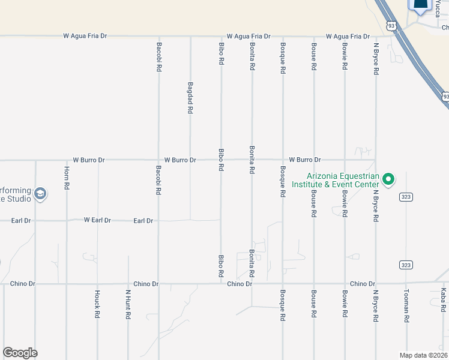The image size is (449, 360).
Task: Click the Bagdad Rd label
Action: (190, 98)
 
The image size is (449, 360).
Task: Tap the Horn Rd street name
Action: (67, 178)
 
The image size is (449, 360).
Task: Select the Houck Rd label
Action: (97, 304)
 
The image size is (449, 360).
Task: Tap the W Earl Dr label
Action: (97, 220)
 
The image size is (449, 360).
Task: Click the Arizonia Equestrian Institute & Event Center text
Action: (343, 181)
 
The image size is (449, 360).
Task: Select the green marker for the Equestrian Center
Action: (388, 178)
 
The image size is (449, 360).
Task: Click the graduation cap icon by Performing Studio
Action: (40, 193)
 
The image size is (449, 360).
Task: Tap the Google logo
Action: (20, 353)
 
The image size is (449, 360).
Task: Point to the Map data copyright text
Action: (424, 355)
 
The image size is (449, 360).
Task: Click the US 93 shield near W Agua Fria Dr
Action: (391, 26)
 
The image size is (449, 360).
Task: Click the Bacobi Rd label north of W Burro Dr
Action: (159, 58)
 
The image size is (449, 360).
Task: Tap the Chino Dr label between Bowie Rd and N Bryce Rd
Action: (362, 284)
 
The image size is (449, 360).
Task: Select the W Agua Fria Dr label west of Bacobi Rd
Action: (85, 36)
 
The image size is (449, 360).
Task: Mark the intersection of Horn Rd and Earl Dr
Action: (67, 220)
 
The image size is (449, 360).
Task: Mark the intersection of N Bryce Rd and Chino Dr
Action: (376, 284)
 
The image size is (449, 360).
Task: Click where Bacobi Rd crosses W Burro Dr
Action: (158, 160)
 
